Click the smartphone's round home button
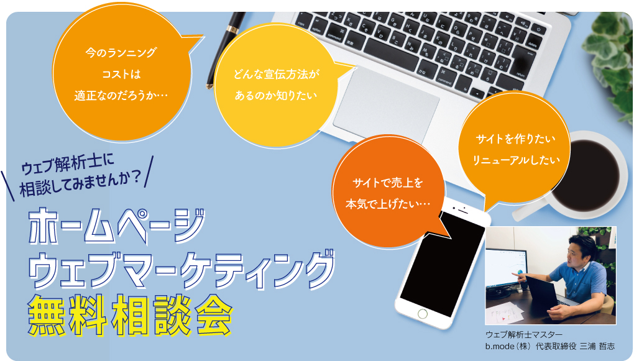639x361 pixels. click(423, 314)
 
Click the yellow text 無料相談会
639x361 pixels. click(129, 315)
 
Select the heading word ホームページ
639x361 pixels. click(117, 227)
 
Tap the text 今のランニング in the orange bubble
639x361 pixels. click(121, 53)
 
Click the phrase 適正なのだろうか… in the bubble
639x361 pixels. click(121, 96)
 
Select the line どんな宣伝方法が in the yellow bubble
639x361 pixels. click(277, 74)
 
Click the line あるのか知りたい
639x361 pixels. click(276, 95)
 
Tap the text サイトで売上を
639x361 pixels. click(387, 183)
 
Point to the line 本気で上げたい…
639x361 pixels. click(388, 204)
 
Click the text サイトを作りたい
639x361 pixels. click(515, 139)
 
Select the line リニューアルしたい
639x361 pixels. click(516, 160)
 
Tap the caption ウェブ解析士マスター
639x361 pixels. click(524, 334)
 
